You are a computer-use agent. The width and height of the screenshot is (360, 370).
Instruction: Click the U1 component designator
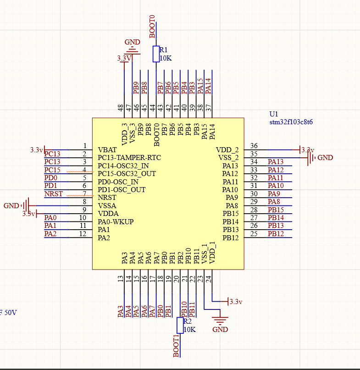pyautogui.click(x=274, y=114)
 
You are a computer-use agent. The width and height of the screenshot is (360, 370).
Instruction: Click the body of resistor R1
pyautogui.click(x=156, y=54)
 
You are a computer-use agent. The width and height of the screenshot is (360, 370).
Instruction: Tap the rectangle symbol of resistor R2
pyautogui.click(x=180, y=325)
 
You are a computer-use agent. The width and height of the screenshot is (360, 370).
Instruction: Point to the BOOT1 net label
pyautogui.click(x=176, y=346)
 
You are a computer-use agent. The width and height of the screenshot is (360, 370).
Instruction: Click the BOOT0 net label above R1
pyautogui.click(x=152, y=26)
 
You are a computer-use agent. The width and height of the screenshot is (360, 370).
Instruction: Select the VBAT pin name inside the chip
pyautogui.click(x=107, y=150)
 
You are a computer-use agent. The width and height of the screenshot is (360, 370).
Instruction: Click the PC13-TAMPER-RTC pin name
pyautogui.click(x=129, y=158)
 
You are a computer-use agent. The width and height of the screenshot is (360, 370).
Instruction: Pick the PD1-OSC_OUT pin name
pyautogui.click(x=122, y=190)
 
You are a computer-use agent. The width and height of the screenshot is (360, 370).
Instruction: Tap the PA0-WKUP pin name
pyautogui.click(x=116, y=222)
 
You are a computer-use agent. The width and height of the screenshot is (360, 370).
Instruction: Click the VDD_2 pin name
pyautogui.click(x=227, y=150)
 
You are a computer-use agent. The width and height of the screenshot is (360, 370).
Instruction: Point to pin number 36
pyautogui.click(x=254, y=146)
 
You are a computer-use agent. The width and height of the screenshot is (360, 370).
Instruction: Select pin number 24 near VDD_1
pyautogui.click(x=208, y=278)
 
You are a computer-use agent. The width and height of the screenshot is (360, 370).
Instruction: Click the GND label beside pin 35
pyautogui.click(x=325, y=158)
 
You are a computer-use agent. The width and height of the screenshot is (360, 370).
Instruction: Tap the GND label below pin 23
pyautogui.click(x=220, y=330)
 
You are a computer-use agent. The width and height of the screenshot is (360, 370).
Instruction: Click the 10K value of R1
pyautogui.click(x=165, y=58)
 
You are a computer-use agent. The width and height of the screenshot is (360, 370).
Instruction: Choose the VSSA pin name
pyautogui.click(x=107, y=206)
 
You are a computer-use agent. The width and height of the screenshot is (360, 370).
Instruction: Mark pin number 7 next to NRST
pyautogui.click(x=84, y=194)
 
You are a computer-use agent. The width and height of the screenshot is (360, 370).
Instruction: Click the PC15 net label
pyautogui.click(x=52, y=170)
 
